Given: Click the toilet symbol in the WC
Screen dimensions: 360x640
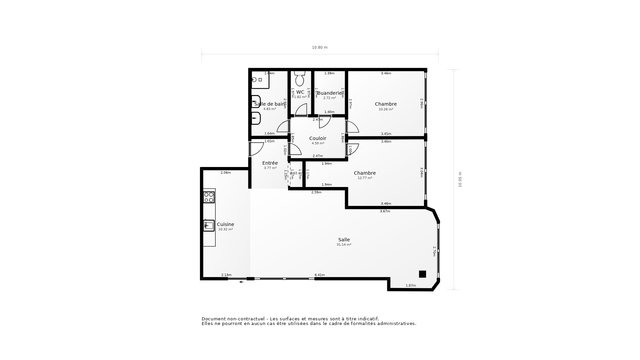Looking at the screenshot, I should pyautogui.click(x=300, y=79).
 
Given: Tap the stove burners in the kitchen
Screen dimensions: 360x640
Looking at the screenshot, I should pyautogui.click(x=209, y=197).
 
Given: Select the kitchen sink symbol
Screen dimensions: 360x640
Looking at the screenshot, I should pyautogui.click(x=209, y=226).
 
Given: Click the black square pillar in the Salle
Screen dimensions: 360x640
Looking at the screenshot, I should pyautogui.click(x=422, y=274).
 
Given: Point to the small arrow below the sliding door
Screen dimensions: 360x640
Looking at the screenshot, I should pyautogui.click(x=241, y=282).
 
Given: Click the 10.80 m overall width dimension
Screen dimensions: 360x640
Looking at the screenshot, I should pyautogui.click(x=320, y=47).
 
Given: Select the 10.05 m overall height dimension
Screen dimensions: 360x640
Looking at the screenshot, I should pyautogui.click(x=460, y=179).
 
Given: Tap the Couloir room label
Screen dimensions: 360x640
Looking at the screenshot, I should pyautogui.click(x=318, y=138).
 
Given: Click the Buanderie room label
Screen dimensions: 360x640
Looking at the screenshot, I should pyautogui.click(x=329, y=93).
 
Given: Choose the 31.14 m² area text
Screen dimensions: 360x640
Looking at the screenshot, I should pyautogui.click(x=344, y=245).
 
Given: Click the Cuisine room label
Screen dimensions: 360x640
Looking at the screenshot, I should pyautogui.click(x=225, y=224).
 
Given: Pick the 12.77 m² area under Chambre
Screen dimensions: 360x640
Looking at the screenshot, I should pyautogui.click(x=365, y=178).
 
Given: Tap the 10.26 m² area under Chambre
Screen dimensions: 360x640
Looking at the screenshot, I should pyautogui.click(x=386, y=109).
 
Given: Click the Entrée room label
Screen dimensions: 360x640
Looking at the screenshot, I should pyautogui.click(x=270, y=163).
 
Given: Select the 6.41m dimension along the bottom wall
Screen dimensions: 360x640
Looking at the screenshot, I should pyautogui.click(x=319, y=275).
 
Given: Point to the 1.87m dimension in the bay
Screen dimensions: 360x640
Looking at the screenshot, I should pyautogui.click(x=411, y=286).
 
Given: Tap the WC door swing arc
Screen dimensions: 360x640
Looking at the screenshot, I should pyautogui.click(x=301, y=110).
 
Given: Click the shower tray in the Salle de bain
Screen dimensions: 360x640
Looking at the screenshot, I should pyautogui.click(x=260, y=80).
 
